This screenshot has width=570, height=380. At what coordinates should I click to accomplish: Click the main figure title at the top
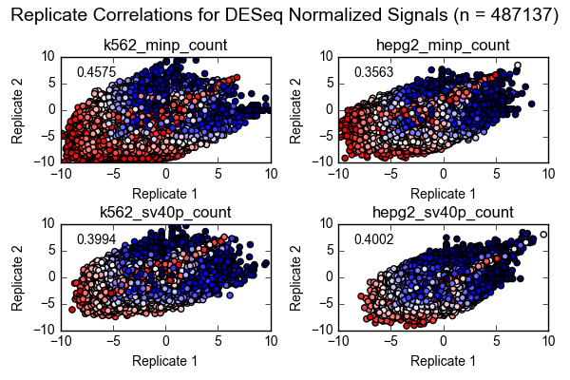285,15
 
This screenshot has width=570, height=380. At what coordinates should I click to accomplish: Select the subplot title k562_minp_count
165,45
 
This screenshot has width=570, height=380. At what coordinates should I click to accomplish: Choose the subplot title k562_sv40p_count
165,212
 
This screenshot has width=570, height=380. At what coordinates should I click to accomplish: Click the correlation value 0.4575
96,72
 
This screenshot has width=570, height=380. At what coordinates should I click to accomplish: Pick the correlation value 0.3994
96,239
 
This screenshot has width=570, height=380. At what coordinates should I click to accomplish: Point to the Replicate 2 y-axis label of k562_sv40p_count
17,276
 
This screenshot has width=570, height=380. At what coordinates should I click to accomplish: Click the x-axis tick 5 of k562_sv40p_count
218,341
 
